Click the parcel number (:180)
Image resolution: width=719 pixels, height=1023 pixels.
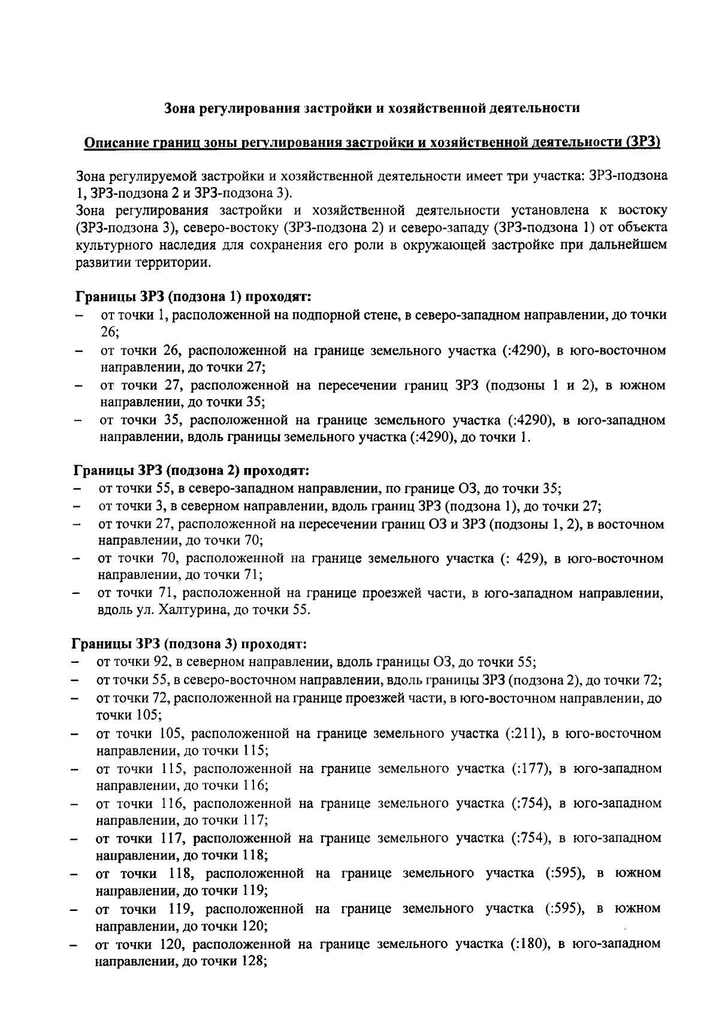527,944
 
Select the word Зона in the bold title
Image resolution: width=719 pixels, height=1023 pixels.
180,108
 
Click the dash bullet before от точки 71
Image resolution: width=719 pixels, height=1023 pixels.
76,594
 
